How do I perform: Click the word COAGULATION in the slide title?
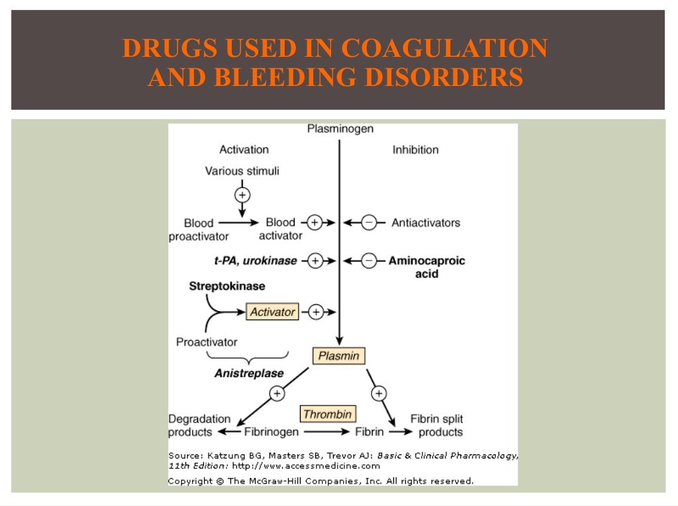tap(445, 48)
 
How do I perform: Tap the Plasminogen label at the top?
tap(340, 129)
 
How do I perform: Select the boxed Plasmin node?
tap(338, 356)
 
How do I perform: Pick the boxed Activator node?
tap(272, 312)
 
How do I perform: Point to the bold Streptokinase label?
tap(227, 286)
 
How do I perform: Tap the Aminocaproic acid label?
tap(427, 267)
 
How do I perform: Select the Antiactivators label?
tap(426, 223)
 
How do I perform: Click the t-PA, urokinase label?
tap(255, 261)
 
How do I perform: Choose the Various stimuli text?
tap(242, 171)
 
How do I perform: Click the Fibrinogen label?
tap(271, 432)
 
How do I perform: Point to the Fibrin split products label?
tap(436, 425)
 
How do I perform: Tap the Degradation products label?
tap(199, 425)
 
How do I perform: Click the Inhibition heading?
tap(415, 149)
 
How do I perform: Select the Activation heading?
tap(244, 149)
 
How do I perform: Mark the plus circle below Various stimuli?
tap(242, 194)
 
